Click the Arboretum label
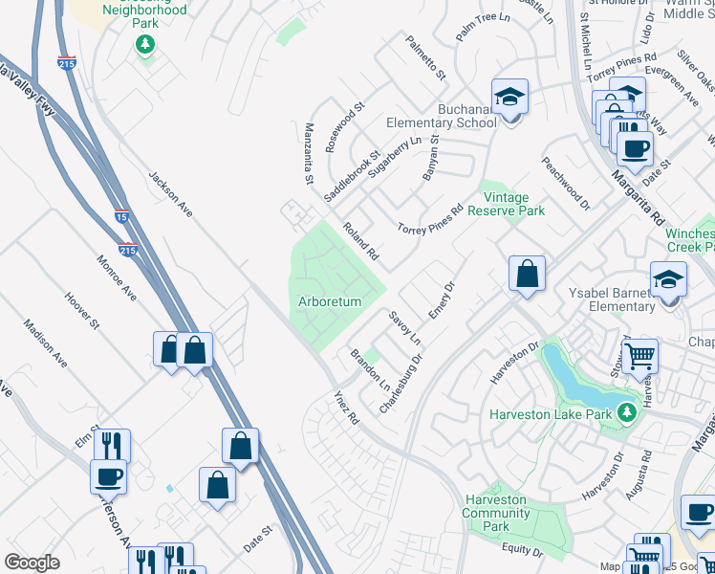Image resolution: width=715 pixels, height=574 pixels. pos(331,301)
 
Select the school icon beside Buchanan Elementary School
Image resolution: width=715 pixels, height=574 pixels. pos(509,97)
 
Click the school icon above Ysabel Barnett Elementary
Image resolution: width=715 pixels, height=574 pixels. pos(668,279)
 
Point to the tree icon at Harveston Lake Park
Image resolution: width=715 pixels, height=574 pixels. pos(626,412)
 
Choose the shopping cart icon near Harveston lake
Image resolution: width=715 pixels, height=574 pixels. pos(641,356)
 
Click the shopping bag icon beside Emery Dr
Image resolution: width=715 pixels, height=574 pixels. pos(527,275)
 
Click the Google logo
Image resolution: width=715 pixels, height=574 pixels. pos(32,563)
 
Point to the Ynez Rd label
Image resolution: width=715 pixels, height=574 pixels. pos(345,408)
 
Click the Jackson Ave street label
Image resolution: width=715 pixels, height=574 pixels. pos(169,193)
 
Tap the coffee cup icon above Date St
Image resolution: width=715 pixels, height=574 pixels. pos(634,147)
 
